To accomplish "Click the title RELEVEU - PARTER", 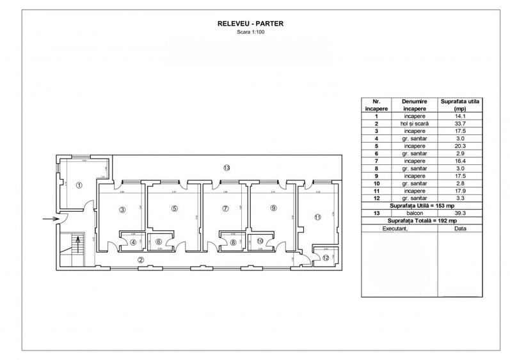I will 255,24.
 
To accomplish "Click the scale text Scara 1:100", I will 255,32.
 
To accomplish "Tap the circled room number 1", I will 79,185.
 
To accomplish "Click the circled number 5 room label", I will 174,208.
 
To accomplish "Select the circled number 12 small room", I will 326,258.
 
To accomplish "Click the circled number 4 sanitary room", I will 133,242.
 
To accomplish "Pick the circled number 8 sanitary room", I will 233,242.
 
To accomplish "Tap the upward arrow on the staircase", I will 79,242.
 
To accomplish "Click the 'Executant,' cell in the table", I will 399,227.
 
